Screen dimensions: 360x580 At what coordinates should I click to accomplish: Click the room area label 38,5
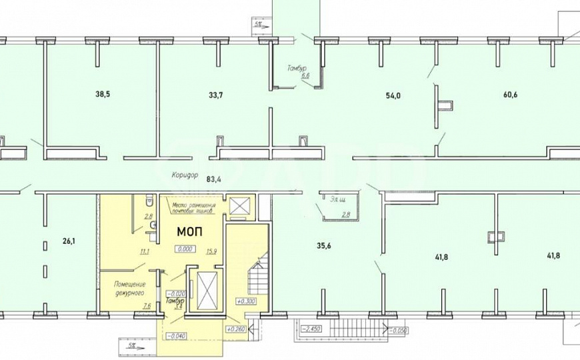(102, 95)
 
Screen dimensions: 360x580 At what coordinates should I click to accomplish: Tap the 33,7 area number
(215, 95)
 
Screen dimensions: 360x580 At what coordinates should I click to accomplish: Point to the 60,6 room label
(510, 95)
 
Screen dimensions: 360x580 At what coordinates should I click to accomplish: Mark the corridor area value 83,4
(214, 179)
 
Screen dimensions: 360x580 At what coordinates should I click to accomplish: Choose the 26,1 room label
(67, 241)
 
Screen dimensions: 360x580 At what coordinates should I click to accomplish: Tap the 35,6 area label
(324, 245)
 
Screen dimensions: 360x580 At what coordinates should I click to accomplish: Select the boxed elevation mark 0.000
(185, 249)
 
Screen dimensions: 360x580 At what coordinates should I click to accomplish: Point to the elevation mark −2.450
(311, 329)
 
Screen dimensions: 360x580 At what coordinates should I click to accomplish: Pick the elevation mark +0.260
(236, 329)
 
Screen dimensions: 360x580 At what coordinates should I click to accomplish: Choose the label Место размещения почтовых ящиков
(193, 208)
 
